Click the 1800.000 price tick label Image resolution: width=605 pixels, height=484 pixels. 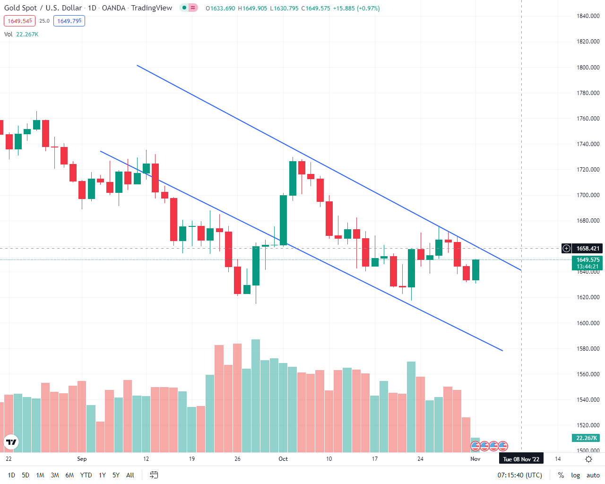click(588, 68)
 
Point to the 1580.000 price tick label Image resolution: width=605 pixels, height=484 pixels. click(588, 349)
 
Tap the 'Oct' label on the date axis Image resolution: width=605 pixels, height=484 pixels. click(283, 459)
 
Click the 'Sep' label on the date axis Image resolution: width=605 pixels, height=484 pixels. click(82, 459)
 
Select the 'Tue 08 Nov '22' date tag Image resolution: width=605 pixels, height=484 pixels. click(521, 459)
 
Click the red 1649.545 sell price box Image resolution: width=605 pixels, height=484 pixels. click(20, 21)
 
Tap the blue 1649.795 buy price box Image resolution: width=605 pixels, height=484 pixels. click(69, 21)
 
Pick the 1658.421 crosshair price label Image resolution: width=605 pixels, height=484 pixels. click(588, 249)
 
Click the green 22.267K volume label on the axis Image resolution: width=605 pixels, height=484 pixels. click(587, 438)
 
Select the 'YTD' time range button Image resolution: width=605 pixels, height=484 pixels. click(86, 475)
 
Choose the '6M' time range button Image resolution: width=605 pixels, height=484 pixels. click(69, 475)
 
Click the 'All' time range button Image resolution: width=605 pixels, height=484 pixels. click(130, 475)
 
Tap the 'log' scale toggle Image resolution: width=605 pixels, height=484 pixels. click(575, 475)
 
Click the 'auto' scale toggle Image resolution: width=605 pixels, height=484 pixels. click(593, 475)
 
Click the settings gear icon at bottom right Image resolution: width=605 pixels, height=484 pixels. click(589, 459)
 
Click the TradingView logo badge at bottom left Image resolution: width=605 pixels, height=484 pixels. click(11, 442)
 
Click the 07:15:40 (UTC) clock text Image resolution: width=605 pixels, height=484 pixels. click(519, 475)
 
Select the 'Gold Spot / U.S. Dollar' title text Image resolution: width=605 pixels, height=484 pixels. click(43, 8)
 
